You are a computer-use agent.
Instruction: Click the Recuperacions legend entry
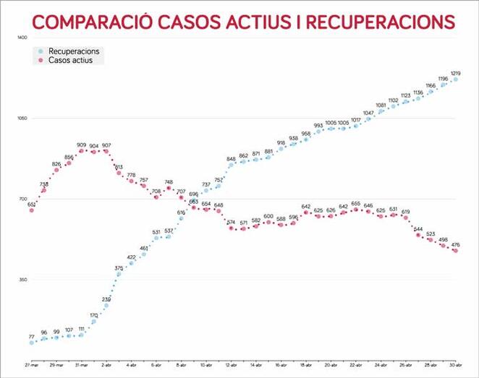coord(78,51)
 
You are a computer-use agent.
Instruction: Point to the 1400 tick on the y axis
coord(22,37)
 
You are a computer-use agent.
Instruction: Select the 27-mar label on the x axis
coord(31,367)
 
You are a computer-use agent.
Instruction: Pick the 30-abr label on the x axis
coord(455,367)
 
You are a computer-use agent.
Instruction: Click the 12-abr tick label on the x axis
coord(231,367)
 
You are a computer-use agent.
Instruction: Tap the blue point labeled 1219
coord(455,80)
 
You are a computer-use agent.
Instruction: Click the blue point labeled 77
coord(32,343)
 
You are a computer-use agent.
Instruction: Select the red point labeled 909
coord(81,151)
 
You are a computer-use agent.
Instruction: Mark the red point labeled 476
coord(455,251)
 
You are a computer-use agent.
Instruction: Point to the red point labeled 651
coord(32,210)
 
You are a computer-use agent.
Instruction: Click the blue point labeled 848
coord(231,165)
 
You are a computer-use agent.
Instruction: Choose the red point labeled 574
coord(231,228)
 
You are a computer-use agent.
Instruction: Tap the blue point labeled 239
coord(106,306)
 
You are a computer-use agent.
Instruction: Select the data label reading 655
coord(355,204)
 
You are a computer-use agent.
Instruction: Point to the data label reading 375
coord(119,268)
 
